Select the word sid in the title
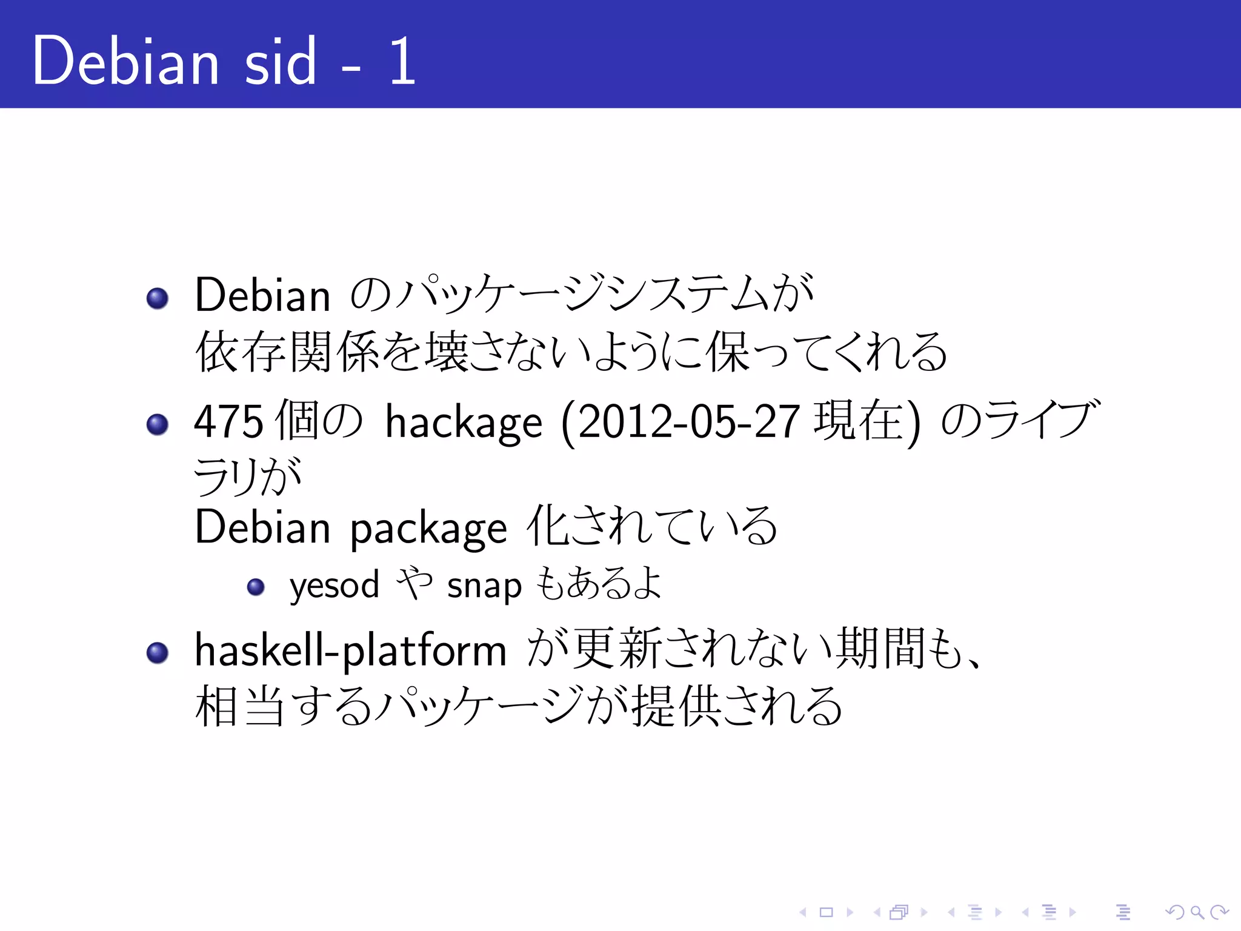coord(280,61)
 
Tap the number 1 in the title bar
coord(402,61)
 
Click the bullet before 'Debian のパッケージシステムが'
coord(158,298)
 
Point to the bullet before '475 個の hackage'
coord(158,424)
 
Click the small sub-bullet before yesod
coord(256,586)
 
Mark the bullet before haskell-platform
coord(158,652)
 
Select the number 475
coord(228,421)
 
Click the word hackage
coord(464,423)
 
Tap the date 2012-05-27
coord(688,422)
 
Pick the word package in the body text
coord(428,529)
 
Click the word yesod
coord(334,586)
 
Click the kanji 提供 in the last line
coord(677,706)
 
